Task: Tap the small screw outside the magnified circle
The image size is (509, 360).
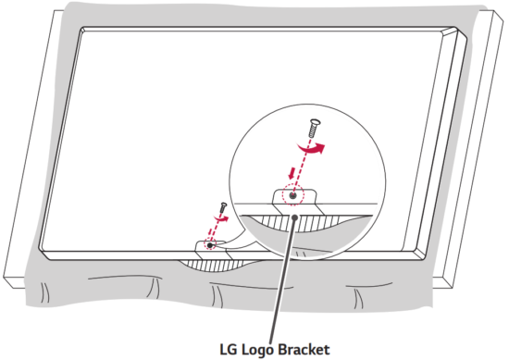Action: (222, 208)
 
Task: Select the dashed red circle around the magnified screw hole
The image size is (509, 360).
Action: (293, 195)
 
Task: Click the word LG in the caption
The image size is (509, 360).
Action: (229, 350)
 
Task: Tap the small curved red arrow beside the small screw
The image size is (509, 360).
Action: (222, 221)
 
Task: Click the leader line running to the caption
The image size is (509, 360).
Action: (283, 278)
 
